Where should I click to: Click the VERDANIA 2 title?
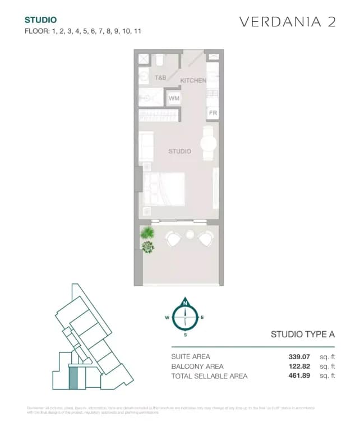pos(288,22)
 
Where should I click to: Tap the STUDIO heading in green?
pos(40,20)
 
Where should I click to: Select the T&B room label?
pos(161,77)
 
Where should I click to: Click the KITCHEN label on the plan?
pos(193,81)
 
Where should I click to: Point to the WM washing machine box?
pos(174,98)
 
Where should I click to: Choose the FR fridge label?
pos(213,113)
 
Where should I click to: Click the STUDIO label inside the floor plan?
pos(180,152)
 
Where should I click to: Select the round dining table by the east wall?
pos(209,144)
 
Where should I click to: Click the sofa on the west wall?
pos(146,146)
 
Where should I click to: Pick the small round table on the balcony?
pos(190,234)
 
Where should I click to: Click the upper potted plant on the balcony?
pos(147,232)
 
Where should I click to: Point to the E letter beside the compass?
pos(202,318)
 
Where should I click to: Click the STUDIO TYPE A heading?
pos(302,335)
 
